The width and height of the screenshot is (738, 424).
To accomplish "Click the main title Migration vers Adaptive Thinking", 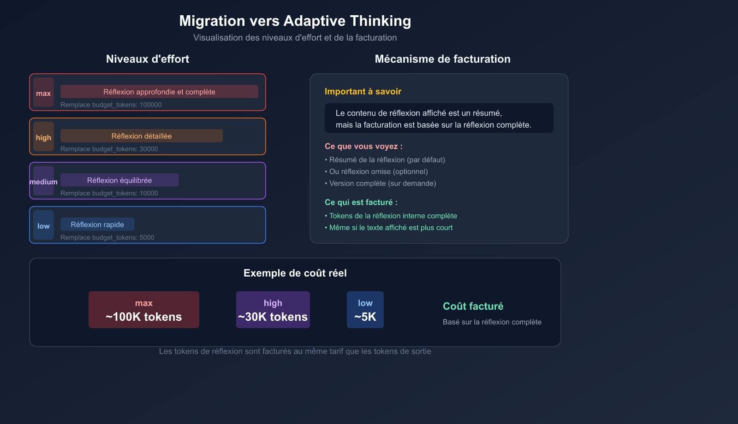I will (x=295, y=21).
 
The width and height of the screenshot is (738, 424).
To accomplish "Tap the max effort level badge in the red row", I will (x=43, y=93).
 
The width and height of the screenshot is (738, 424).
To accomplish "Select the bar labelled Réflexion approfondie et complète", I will (x=159, y=92).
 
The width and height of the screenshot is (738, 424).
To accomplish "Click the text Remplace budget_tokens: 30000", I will (x=109, y=149).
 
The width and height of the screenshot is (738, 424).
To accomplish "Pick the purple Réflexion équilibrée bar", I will (x=119, y=180).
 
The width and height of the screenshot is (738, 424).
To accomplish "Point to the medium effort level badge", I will (x=43, y=181).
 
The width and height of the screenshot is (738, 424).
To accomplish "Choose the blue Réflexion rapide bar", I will (x=97, y=224).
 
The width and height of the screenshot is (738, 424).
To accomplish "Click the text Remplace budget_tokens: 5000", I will (x=107, y=237).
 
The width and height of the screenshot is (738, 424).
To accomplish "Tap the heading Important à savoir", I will (x=363, y=91).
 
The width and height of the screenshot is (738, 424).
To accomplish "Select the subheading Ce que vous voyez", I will (x=363, y=146).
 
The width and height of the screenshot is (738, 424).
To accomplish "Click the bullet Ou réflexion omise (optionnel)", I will (x=378, y=171).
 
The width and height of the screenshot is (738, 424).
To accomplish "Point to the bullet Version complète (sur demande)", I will (x=382, y=183).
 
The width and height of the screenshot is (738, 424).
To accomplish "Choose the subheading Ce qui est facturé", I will (x=361, y=202).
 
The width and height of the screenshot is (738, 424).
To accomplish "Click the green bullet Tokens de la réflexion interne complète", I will (x=393, y=216).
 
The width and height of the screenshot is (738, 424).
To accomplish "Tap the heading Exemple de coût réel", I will (x=295, y=273).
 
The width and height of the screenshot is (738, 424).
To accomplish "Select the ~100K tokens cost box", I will (x=144, y=310).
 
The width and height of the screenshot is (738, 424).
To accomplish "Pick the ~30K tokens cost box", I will (x=273, y=310).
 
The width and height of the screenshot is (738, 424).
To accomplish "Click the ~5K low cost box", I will (x=365, y=310).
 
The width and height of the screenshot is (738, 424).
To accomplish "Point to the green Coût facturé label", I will (x=473, y=306).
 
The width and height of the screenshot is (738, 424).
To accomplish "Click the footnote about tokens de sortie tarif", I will (x=295, y=351).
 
